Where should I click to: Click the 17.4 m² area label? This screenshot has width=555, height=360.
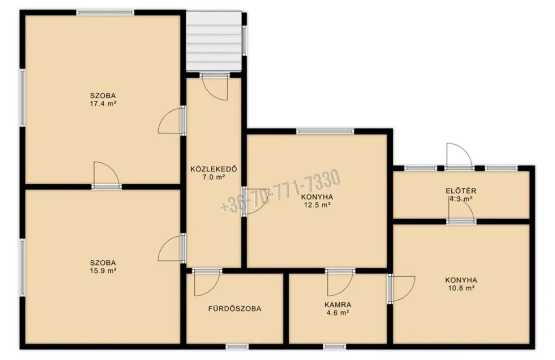(x=103, y=104)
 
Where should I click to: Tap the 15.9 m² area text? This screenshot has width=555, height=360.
(x=103, y=271)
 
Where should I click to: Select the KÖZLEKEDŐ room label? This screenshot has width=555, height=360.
(x=214, y=169)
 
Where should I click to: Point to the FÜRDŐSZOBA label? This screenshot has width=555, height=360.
(x=235, y=309)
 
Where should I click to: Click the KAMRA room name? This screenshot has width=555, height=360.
(x=338, y=305)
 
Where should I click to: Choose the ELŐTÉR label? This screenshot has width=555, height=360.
(x=461, y=191)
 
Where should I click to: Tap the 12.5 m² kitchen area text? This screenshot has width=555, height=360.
(x=317, y=205)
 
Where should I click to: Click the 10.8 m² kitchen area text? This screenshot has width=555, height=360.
(x=461, y=288)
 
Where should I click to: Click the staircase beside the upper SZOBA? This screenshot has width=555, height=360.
(x=214, y=41)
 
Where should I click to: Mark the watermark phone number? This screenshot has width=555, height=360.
(x=280, y=191)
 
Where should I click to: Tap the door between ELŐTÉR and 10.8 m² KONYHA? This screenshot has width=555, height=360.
(x=461, y=211)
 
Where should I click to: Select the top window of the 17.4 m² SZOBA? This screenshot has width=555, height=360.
(x=105, y=12)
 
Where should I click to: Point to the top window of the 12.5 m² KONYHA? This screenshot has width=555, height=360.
(x=325, y=131)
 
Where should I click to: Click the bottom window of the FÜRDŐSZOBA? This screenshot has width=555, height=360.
(x=237, y=347)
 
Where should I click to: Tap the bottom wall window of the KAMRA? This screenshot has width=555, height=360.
(x=335, y=347)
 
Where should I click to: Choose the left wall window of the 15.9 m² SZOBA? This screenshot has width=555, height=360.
(x=22, y=267)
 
